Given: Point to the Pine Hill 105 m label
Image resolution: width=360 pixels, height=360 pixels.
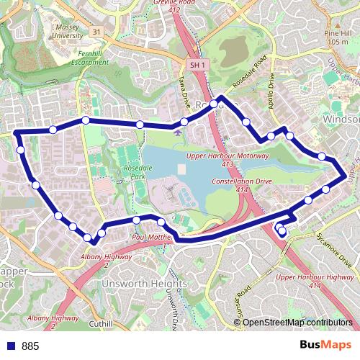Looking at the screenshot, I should [x=336, y=37].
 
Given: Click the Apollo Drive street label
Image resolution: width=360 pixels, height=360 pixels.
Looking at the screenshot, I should [x=271, y=89].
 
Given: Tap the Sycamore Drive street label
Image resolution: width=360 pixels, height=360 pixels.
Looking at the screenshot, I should [x=338, y=249].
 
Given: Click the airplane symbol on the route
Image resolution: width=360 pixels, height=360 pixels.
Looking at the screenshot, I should [x=178, y=130].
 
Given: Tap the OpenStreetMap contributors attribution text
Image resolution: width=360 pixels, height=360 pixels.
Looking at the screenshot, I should [x=297, y=323].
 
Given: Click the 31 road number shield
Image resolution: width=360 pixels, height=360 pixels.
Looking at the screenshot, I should [x=96, y=31].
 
